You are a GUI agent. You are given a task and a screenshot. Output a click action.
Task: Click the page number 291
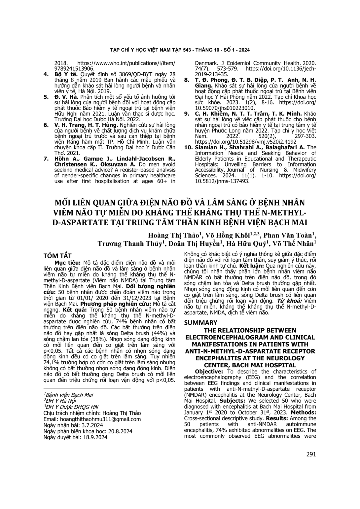311,454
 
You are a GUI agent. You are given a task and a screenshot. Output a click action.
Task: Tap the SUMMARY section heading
200,322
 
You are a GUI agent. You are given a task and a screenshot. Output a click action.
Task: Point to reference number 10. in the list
188,147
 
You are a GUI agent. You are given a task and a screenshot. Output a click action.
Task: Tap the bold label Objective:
208,371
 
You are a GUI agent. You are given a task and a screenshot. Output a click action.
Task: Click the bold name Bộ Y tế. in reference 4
62,74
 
